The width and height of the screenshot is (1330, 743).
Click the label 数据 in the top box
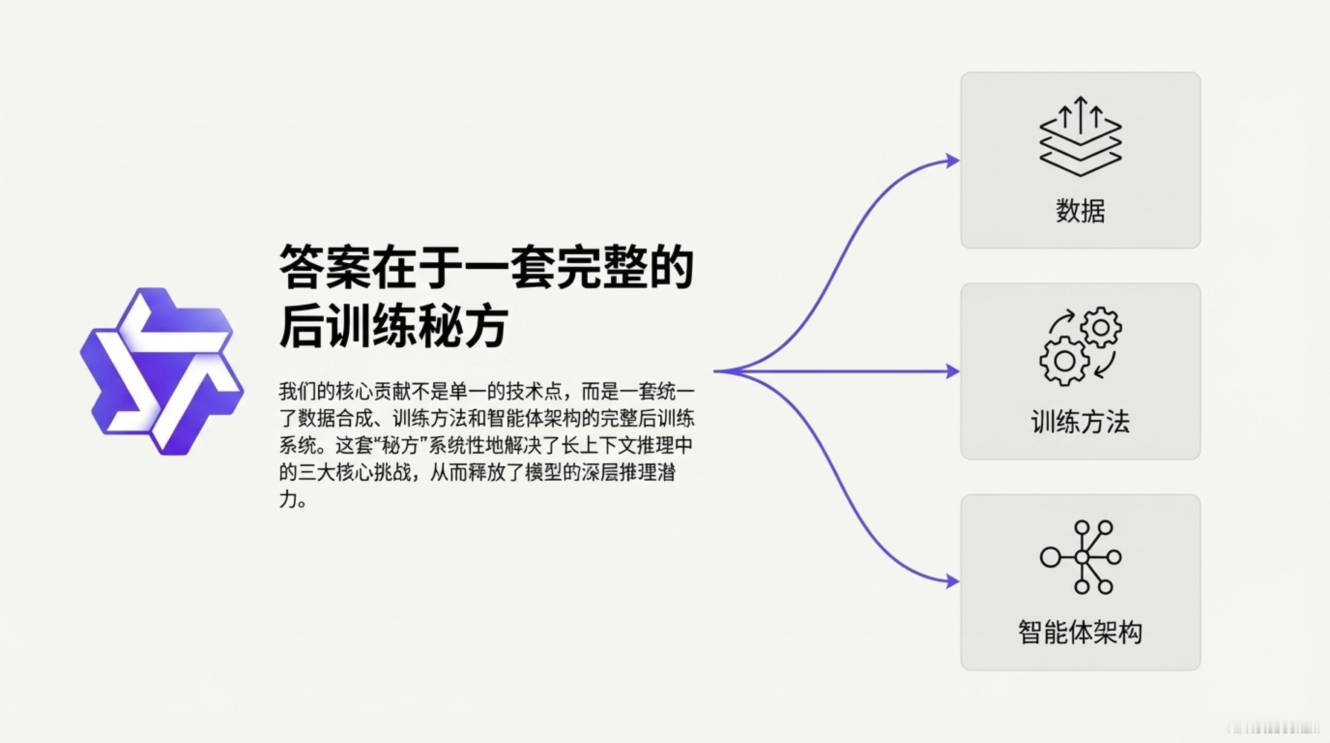pos(1080,211)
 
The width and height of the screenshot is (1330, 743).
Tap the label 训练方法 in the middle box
pos(1080,421)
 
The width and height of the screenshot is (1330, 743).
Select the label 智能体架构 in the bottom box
pos(1080,632)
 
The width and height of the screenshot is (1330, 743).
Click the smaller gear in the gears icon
pos(1101,327)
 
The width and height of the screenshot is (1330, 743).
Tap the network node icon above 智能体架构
pos(1080,557)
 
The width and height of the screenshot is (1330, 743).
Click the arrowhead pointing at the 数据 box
pos(951,161)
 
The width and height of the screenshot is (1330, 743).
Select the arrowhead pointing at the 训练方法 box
pos(951,371)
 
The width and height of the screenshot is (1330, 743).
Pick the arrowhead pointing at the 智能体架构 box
pos(951,582)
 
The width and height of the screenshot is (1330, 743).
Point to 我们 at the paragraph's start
pos(298,392)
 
